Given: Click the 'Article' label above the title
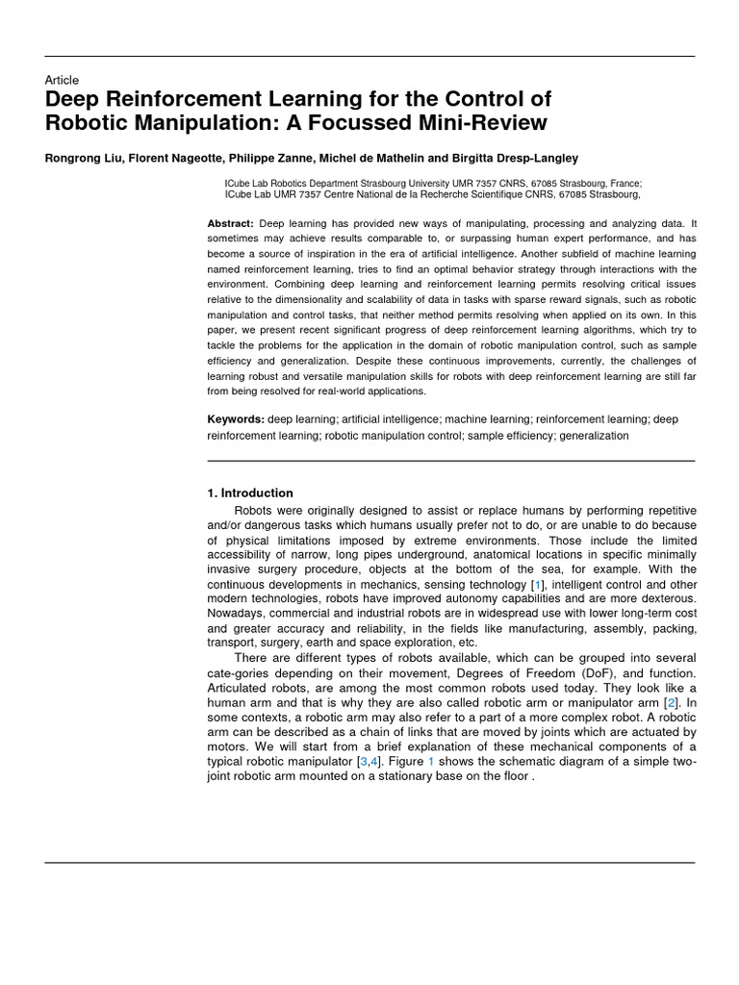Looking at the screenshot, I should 62,81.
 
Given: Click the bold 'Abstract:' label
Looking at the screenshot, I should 230,223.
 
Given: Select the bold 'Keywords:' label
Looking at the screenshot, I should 236,419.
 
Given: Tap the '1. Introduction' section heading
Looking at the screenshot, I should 250,493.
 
